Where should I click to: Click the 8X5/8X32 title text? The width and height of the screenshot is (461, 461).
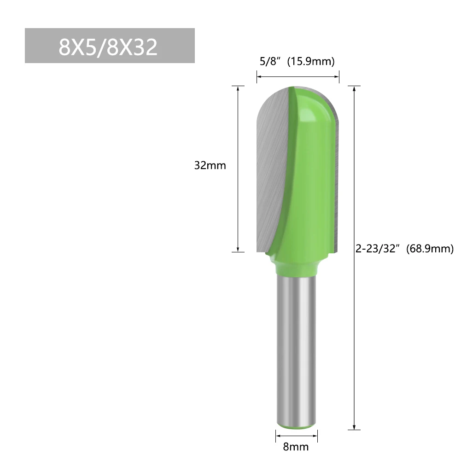coord(108,47)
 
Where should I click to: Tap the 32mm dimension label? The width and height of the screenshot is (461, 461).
coord(210,165)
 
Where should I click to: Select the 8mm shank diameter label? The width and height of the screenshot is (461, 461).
coord(296,447)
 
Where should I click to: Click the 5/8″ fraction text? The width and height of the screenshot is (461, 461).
coord(268,61)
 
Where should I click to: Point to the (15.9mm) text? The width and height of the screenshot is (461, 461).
coord(311,61)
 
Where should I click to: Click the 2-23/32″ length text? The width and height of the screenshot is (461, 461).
coord(378,249)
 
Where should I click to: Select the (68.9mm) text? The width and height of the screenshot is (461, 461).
coord(430,249)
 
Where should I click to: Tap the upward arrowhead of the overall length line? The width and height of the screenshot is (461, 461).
coord(354,89)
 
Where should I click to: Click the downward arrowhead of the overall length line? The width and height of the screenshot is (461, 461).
coord(354,427)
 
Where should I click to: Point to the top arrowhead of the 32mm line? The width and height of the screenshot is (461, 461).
coord(238,89)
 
